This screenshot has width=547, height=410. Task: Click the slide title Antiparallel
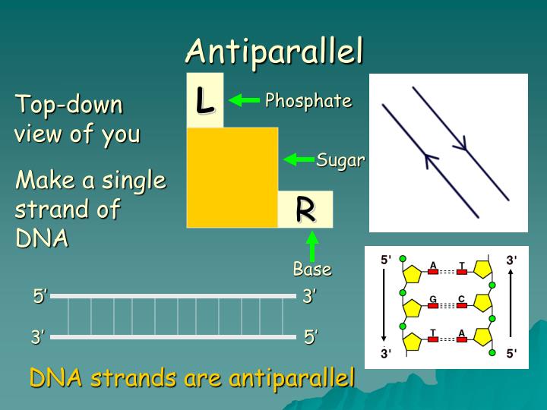coord(274,51)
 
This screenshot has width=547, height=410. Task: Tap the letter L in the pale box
coord(204,100)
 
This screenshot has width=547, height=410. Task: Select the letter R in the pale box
coord(305,210)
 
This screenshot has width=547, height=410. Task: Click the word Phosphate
coord(308,101)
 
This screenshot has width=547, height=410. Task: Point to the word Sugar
coord(340,160)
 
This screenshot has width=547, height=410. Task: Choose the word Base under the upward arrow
coord(312,269)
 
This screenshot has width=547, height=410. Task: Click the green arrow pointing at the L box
coord(244,100)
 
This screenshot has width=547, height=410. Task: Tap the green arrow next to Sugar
coord(299,159)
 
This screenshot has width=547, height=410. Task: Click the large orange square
coord(232,178)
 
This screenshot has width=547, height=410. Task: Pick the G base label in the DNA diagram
coord(432,299)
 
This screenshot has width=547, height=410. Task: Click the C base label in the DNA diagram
coord(461,299)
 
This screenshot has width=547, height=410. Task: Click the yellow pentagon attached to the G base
coord(413,308)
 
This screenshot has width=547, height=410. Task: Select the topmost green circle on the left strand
coord(403,258)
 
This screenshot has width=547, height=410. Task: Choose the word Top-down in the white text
coord(69,105)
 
